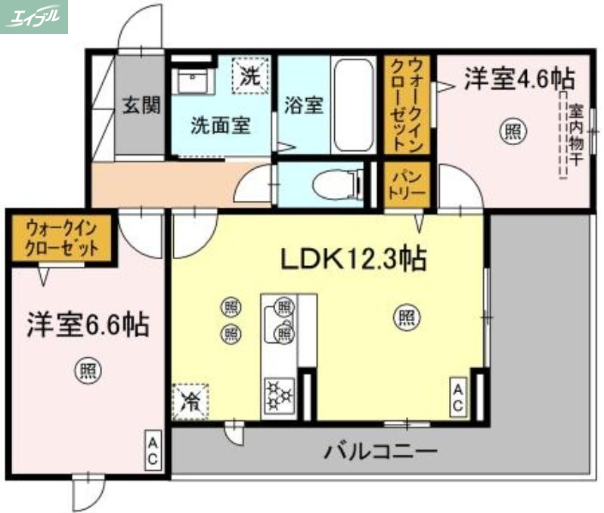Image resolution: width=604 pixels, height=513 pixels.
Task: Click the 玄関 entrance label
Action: pos(141,105)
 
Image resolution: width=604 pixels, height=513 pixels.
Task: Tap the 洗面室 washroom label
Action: pos(220,125)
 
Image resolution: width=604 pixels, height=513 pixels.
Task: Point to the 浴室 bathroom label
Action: pos(304,105)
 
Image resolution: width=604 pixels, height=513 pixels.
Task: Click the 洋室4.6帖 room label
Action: pos(518,77)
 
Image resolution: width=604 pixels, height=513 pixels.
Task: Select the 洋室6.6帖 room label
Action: pos(87,325)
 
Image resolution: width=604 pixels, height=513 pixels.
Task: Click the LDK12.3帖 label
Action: pos(353,259)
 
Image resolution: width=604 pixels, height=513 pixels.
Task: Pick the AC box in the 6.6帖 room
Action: pos(152,450)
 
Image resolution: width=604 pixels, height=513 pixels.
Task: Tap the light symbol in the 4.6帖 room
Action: pos(511,131)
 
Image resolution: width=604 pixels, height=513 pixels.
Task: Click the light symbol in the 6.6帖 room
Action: pos(88,370)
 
